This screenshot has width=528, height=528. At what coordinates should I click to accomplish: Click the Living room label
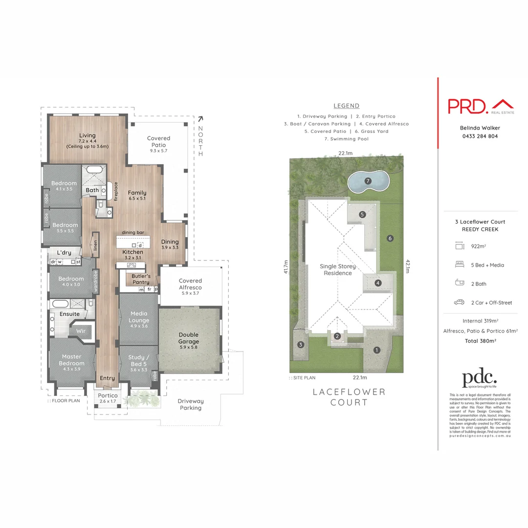point(88,135)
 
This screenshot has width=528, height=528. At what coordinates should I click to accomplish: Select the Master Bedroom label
point(71,360)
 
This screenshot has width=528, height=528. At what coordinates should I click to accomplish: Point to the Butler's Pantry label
point(141,279)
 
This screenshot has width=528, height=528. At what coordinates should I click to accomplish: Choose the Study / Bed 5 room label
point(137,360)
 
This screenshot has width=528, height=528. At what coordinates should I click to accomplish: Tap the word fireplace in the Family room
point(116,191)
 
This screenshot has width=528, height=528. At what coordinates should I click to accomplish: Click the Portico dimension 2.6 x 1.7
point(107,401)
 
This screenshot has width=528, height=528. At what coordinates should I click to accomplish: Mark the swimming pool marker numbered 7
point(368,181)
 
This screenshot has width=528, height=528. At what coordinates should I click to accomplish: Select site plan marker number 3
point(301,344)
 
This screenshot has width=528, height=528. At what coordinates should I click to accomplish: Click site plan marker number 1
point(376,350)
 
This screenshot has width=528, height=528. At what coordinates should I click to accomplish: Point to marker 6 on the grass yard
point(390,239)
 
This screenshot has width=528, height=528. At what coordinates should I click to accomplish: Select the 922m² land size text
point(478,246)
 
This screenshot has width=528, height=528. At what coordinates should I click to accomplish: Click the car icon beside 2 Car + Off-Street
point(459,303)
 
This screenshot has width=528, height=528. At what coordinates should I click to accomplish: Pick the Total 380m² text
point(481,341)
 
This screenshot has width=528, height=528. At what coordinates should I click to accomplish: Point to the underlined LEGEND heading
point(346,106)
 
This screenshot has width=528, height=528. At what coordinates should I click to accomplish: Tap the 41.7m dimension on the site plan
point(286,267)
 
